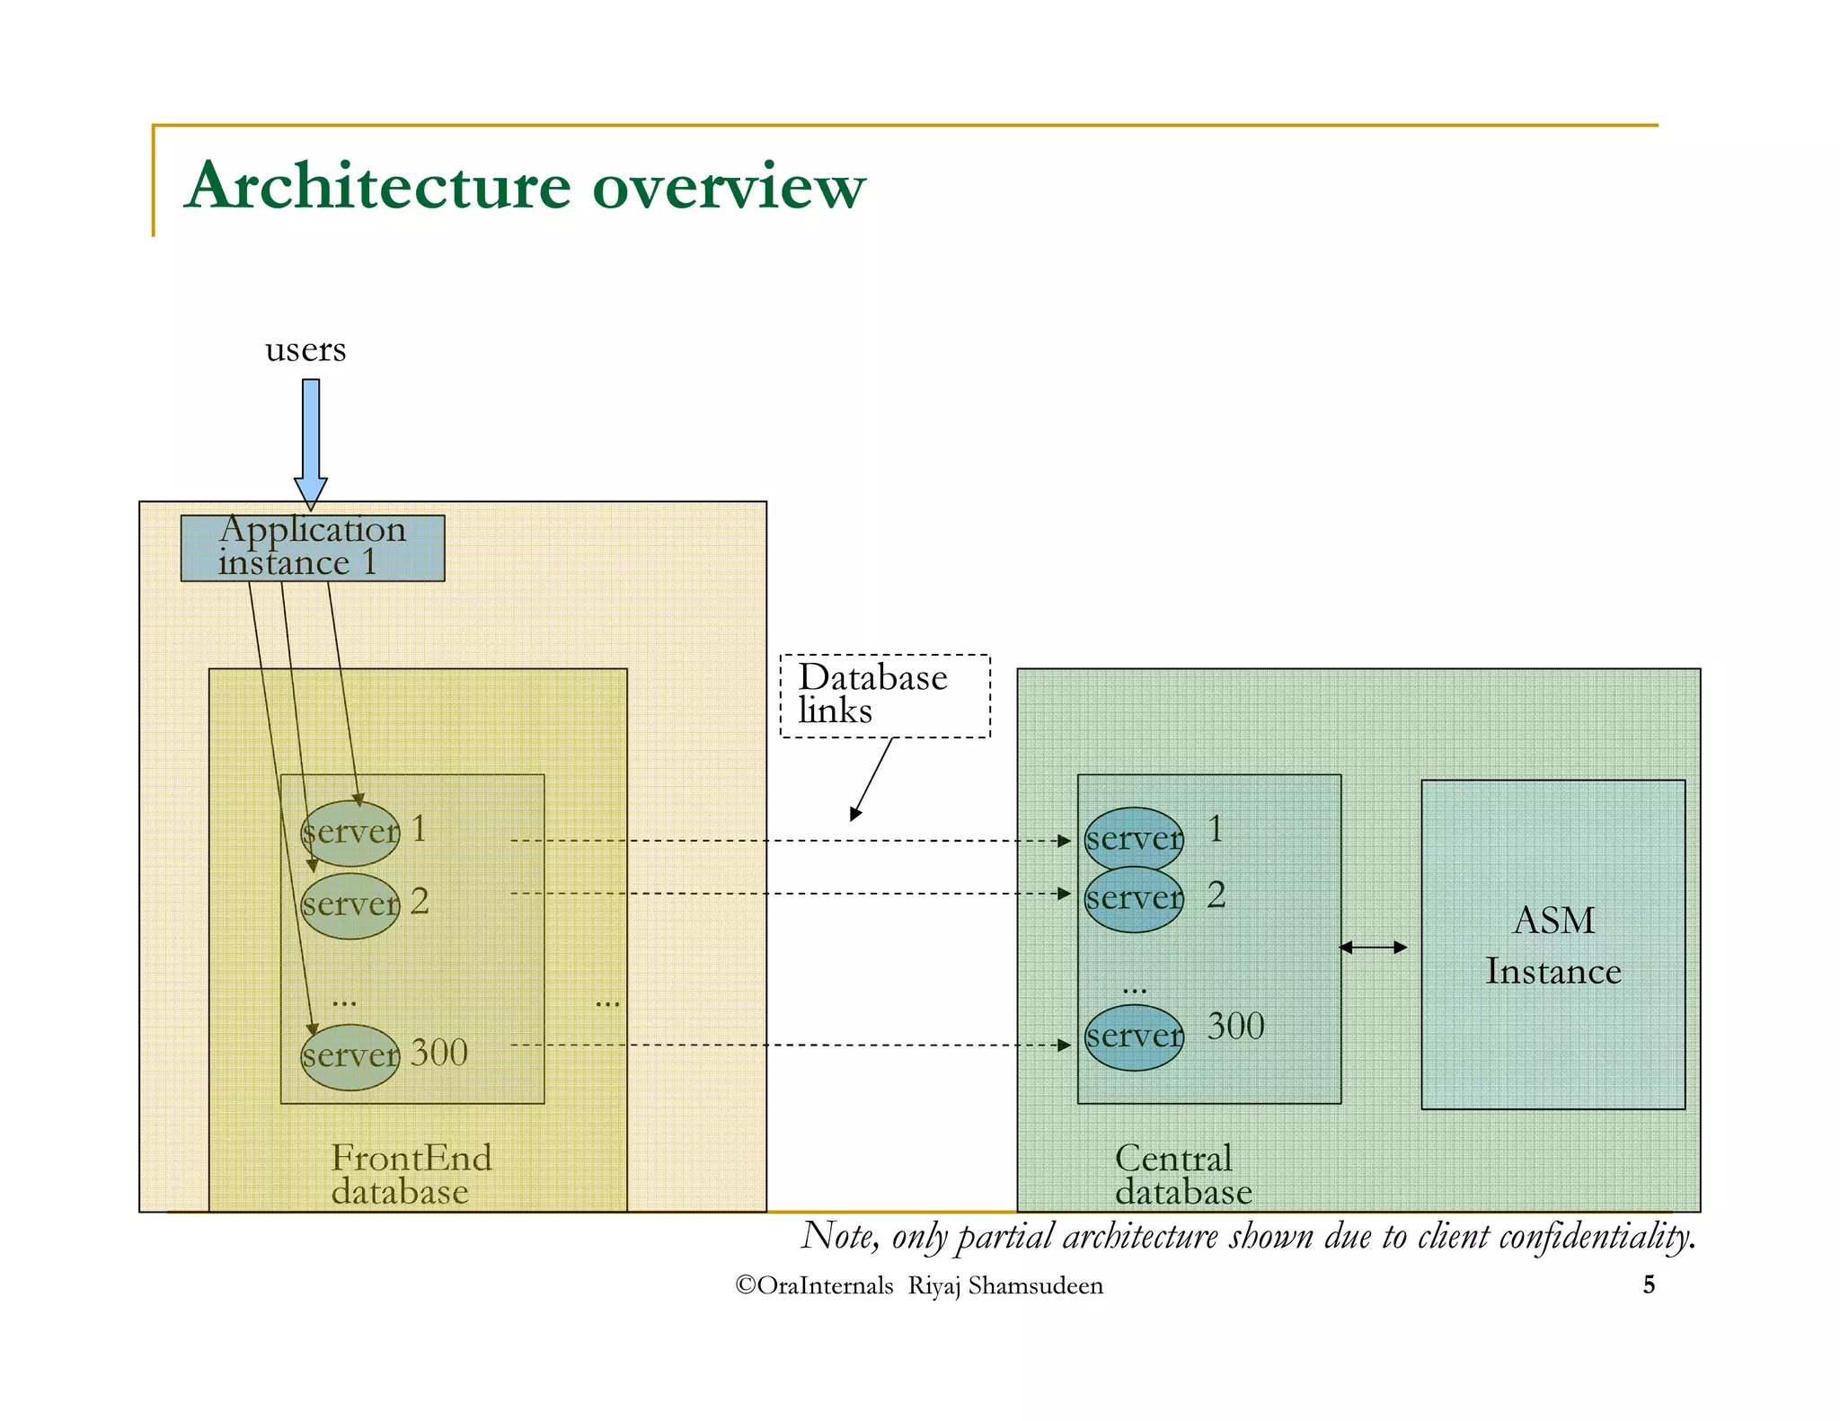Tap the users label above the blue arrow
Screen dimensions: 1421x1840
pos(305,349)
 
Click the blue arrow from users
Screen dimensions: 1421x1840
pos(311,440)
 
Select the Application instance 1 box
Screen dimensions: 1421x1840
pos(312,547)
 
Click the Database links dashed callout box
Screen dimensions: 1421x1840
pos(885,695)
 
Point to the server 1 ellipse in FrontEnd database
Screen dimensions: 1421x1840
pos(349,832)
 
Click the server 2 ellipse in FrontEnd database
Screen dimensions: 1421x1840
pos(349,905)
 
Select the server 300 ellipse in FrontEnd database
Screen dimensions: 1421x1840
pos(349,1056)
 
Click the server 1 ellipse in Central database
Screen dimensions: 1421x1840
pos(1134,839)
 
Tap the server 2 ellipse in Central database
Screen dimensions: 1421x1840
pos(1134,899)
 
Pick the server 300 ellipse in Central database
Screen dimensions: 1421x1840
pos(1134,1037)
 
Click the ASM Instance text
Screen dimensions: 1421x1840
pos(1553,945)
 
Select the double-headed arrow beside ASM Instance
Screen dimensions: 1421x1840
pos(1373,947)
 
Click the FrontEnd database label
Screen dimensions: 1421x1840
pos(411,1175)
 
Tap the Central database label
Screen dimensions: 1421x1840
pos(1182,1175)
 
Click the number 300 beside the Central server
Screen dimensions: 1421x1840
pos(1235,1026)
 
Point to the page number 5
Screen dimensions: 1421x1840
pos(1649,1284)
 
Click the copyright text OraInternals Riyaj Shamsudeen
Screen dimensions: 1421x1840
pos(919,1285)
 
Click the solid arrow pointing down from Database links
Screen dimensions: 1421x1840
pos(871,778)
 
